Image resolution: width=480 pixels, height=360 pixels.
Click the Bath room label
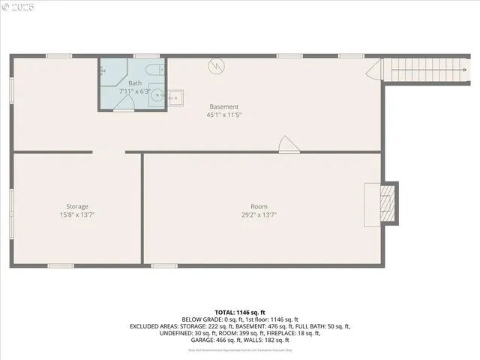[135, 83]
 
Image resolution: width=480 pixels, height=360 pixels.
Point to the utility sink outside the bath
[175, 97]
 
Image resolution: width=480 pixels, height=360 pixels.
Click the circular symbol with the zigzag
[216, 66]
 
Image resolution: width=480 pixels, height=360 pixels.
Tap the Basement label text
[223, 106]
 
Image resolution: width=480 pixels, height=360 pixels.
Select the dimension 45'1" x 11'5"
[223, 115]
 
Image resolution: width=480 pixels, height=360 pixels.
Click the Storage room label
[76, 206]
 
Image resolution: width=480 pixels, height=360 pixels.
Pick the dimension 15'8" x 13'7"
[76, 214]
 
